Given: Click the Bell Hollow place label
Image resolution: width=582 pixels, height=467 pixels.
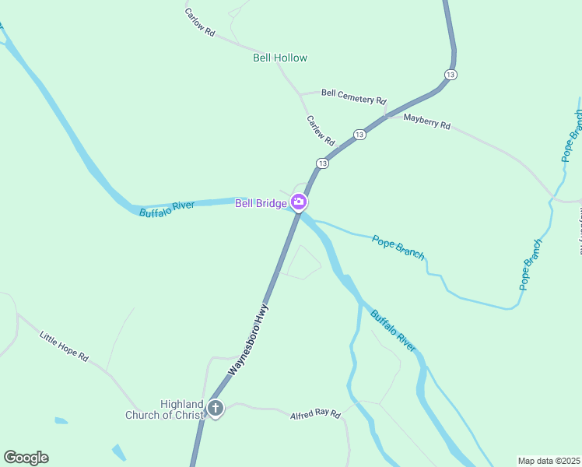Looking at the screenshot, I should point(280,58).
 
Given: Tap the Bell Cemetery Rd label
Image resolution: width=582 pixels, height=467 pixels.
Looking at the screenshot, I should point(353,97).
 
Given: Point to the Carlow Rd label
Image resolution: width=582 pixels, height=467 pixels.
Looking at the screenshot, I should point(200,23).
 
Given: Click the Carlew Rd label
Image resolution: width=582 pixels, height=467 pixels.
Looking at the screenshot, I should point(320,132).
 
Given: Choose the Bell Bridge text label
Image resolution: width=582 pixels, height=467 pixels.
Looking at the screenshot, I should point(261,203).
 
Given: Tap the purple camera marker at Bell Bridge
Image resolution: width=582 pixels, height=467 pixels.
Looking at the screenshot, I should point(298,203).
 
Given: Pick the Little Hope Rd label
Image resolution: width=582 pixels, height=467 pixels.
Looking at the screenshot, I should point(64,346).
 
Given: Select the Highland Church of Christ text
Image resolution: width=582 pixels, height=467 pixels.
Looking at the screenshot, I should point(164,409).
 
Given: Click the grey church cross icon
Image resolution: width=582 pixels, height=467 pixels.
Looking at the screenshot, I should point(216,408).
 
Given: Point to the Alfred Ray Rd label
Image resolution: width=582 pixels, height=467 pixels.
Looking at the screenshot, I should point(315,416).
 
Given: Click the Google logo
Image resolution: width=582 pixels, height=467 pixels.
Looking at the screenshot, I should point(26,458).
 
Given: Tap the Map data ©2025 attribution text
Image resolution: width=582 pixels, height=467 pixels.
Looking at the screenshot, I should point(548,460).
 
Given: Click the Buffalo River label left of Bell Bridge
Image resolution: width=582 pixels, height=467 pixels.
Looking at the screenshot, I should point(167,209).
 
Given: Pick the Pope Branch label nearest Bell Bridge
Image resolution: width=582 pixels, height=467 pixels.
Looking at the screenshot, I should point(398,247).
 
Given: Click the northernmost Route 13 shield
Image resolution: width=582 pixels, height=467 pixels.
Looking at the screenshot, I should point(451,74).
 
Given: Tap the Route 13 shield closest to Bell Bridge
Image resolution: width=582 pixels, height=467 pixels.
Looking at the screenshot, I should point(322,163).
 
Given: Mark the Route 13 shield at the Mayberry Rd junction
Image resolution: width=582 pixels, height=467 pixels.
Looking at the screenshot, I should point(359,135).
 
